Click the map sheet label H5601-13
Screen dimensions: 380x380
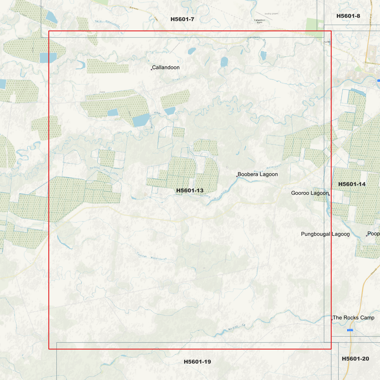(x=190, y=190)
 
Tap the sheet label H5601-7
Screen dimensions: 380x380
(x=182, y=19)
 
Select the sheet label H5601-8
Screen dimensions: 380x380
(x=348, y=16)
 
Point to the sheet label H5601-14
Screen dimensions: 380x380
(x=352, y=184)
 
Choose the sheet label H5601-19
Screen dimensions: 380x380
(x=197, y=362)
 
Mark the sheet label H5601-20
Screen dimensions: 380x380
(x=355, y=359)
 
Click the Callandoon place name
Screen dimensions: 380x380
(x=166, y=68)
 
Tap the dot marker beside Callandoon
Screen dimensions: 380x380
(x=151, y=69)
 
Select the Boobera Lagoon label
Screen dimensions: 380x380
(x=257, y=174)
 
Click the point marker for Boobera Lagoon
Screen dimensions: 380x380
(x=237, y=176)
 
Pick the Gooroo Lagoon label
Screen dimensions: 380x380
(x=310, y=193)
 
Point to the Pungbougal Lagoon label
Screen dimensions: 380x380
(x=325, y=234)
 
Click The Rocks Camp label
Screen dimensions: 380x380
(x=353, y=318)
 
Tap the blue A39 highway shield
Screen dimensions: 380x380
(x=350, y=330)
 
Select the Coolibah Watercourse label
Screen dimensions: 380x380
(x=152, y=256)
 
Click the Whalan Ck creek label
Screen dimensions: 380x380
(x=236, y=327)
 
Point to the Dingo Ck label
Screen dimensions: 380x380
(x=179, y=78)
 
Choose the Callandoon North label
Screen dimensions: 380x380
(x=260, y=21)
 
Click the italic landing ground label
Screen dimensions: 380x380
(x=271, y=13)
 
